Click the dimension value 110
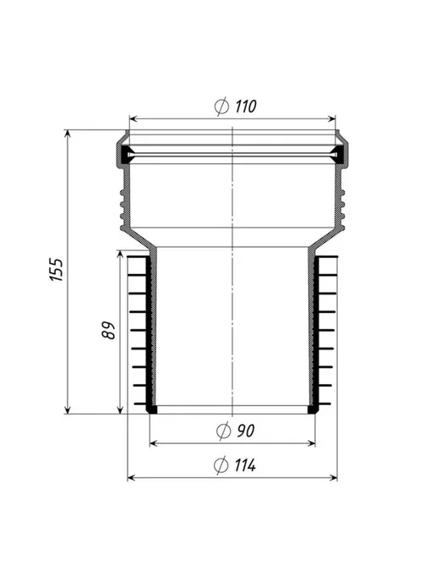[x=245, y=107]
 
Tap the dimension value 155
[x=57, y=270]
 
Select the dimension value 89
[x=109, y=330]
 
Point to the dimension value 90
[x=245, y=431]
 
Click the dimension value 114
[x=245, y=465]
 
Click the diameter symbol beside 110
[x=221, y=106]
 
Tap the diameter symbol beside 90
[x=224, y=431]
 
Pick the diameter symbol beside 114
[x=221, y=465]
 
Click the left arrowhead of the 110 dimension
[x=134, y=118]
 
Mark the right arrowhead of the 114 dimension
[x=333, y=478]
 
